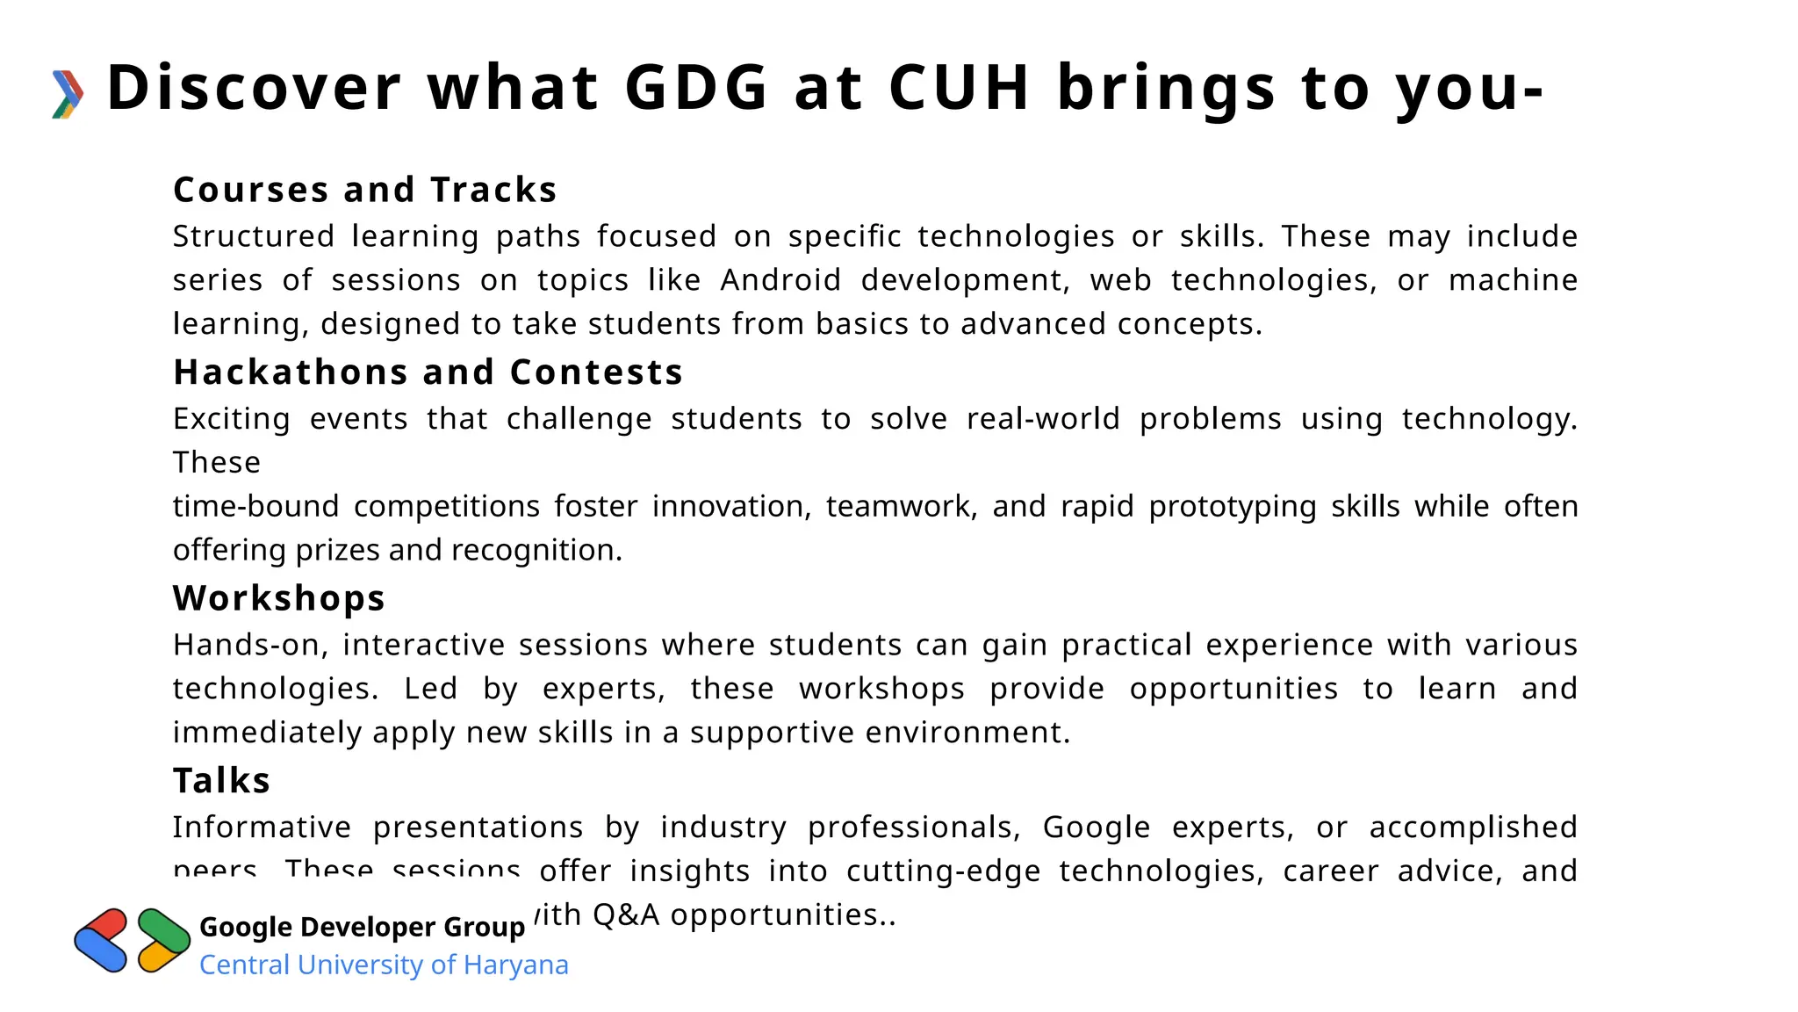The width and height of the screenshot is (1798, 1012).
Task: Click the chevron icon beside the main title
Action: (x=68, y=94)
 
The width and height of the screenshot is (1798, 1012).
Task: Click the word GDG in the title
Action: (x=696, y=88)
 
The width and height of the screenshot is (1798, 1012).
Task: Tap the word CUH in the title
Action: (x=959, y=88)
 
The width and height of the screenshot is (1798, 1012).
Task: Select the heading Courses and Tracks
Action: (x=365, y=190)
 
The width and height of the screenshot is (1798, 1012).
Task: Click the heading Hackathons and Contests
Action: (x=428, y=372)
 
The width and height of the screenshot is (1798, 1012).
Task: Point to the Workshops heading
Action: (x=279, y=598)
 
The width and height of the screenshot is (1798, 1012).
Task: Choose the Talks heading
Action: (x=221, y=781)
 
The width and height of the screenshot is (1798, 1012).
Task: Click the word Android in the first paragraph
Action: (x=780, y=280)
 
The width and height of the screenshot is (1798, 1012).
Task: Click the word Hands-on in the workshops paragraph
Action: (x=250, y=645)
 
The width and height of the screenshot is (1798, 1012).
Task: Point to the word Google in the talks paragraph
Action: (x=1096, y=828)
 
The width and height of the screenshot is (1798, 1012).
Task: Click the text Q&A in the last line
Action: (x=626, y=915)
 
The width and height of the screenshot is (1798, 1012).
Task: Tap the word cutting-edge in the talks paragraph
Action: (x=943, y=871)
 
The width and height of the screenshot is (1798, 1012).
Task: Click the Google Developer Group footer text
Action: (x=362, y=927)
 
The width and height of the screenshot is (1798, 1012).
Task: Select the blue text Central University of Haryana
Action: (x=384, y=965)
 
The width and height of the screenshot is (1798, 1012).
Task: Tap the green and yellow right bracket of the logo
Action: (x=163, y=940)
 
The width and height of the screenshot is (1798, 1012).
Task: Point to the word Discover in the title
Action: (x=254, y=88)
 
